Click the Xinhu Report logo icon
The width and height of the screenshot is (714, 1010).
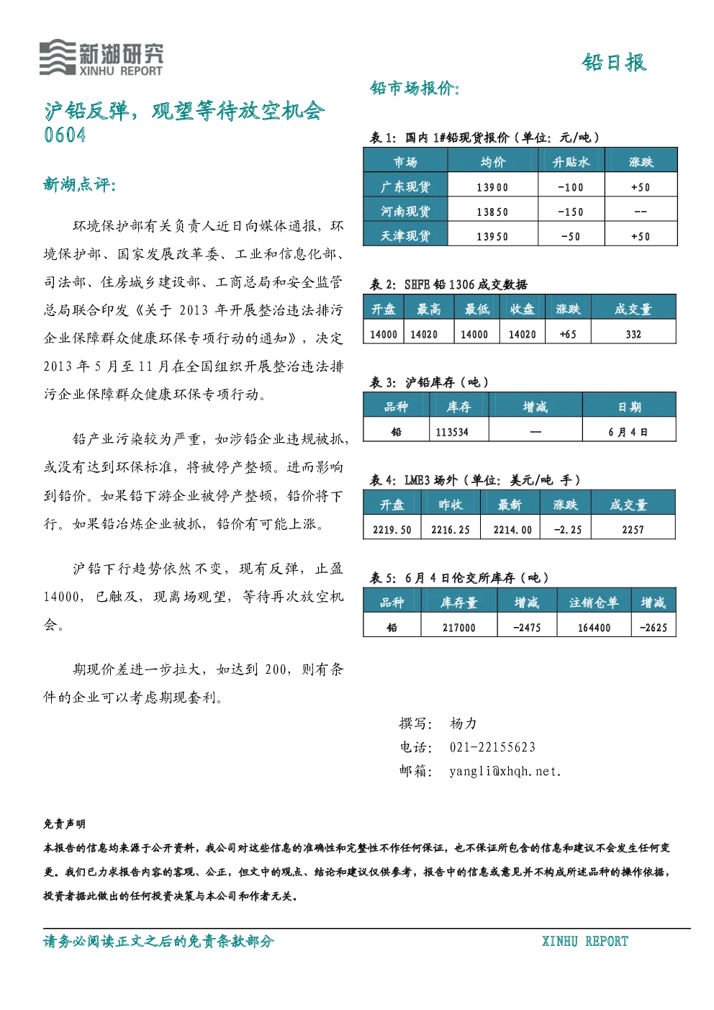[58, 57]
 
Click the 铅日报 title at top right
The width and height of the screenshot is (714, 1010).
[614, 62]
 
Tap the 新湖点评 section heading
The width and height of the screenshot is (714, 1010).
[80, 184]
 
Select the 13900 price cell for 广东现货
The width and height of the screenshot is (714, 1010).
[492, 187]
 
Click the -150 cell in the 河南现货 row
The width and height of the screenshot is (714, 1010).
[571, 212]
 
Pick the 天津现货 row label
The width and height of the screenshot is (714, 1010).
[405, 236]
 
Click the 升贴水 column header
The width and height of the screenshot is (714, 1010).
[571, 162]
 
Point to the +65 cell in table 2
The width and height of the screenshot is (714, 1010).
[567, 334]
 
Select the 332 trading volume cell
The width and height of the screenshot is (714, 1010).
[633, 334]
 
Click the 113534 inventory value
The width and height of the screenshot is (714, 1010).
[452, 432]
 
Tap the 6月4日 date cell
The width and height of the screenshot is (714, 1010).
[628, 432]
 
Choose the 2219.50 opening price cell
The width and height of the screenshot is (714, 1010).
[392, 530]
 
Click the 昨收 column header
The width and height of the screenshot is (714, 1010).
[451, 505]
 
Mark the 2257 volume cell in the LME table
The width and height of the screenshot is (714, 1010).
[633, 530]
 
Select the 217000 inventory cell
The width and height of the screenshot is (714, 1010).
[459, 628]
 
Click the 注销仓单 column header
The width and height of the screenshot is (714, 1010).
[594, 603]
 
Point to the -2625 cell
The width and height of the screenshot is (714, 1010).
[653, 628]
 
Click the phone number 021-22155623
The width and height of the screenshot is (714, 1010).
[492, 747]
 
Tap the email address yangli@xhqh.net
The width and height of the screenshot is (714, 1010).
[505, 772]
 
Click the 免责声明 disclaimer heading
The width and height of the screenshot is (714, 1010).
[65, 824]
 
